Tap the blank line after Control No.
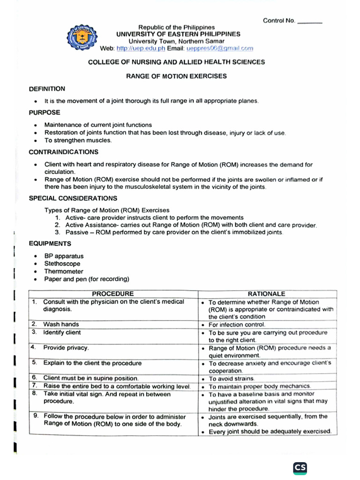coord(310,21)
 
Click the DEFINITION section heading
coord(47,89)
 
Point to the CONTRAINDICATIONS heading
coord(63,152)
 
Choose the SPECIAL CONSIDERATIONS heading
coord(73,198)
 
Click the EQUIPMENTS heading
coord(50,244)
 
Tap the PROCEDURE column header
coord(112,293)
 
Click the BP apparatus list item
coord(64,256)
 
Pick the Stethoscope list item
coord(62,264)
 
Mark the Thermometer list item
coord(64,271)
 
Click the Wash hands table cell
coord(61,324)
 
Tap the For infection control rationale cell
coord(237,324)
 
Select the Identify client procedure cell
coord(62,332)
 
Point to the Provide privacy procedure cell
coord(66,348)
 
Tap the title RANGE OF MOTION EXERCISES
coord(176,75)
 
